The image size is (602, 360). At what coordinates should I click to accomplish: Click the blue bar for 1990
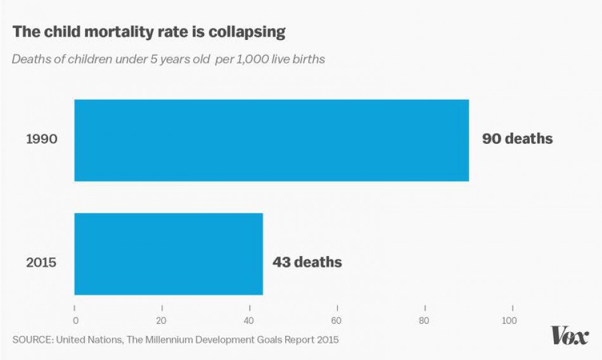[271, 140]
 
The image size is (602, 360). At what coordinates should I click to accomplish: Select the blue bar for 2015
[169, 254]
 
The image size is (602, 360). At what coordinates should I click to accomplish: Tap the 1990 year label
[42, 139]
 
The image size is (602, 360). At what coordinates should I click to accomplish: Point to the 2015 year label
[42, 261]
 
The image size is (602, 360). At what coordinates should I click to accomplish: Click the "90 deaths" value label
[517, 139]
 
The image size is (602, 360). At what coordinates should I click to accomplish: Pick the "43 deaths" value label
[307, 262]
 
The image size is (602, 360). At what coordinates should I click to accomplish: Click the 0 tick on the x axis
[75, 320]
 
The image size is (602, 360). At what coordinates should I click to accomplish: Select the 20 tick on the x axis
[162, 320]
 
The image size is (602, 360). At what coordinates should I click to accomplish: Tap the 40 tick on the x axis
[250, 320]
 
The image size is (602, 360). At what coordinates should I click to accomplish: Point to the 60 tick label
[337, 320]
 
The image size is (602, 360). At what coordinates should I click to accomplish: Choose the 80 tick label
[424, 320]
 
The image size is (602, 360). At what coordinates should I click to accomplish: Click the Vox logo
[569, 336]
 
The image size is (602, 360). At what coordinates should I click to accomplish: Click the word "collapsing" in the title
[248, 32]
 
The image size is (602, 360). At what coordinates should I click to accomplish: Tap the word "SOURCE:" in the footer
[32, 340]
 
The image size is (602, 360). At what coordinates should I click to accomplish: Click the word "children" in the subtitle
[80, 60]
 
